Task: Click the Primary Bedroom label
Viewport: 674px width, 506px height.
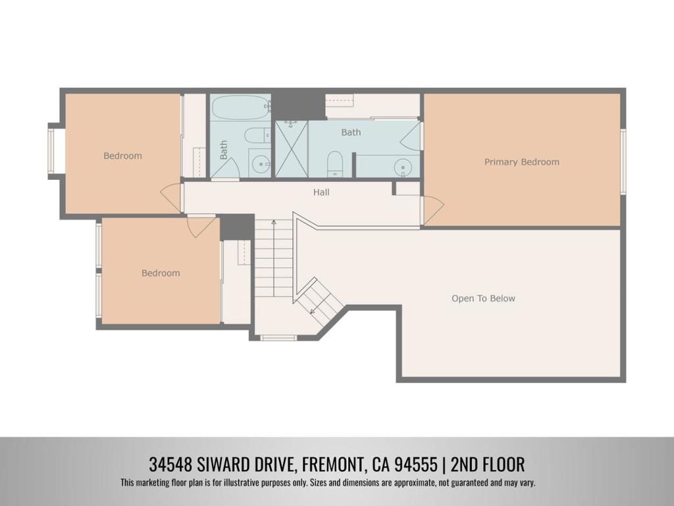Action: (522, 162)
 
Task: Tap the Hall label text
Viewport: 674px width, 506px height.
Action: (321, 192)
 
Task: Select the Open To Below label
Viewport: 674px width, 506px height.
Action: (483, 298)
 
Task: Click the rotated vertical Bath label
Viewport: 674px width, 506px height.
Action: (224, 150)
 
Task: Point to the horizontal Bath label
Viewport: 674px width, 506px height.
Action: (351, 132)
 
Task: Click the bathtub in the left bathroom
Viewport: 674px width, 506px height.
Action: (240, 107)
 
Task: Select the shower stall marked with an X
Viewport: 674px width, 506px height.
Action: (292, 149)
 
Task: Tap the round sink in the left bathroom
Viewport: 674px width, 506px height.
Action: (260, 163)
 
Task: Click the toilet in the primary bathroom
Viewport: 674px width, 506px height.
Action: (334, 163)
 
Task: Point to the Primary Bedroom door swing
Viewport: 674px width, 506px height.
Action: (433, 210)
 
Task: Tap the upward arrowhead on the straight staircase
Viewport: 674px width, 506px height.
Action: (274, 223)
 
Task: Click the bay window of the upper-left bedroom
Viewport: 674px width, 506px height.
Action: (51, 151)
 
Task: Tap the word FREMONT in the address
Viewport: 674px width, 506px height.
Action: (333, 464)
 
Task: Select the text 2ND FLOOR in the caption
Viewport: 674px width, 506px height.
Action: (488, 464)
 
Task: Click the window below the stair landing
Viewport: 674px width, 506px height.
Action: (278, 338)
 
